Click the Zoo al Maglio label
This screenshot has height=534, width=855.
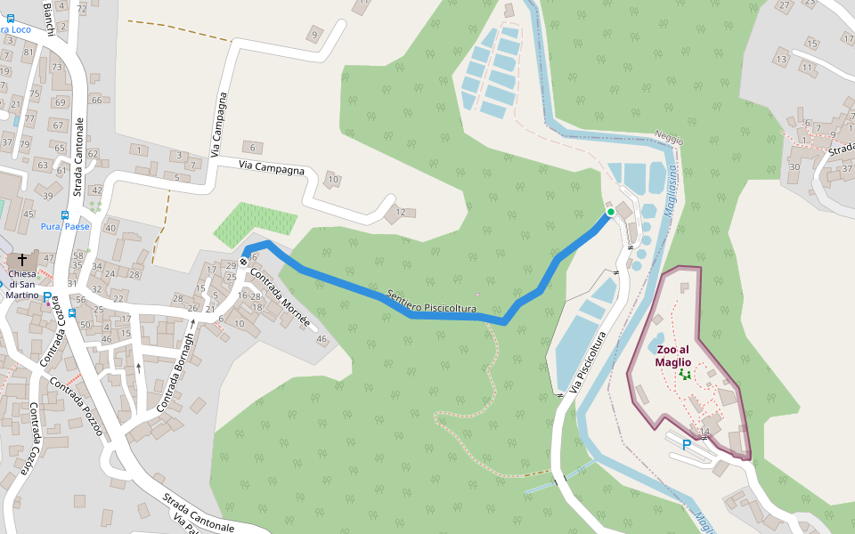tap(673, 355)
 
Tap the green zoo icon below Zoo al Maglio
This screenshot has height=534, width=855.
tap(684, 375)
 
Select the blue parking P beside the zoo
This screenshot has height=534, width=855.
tap(687, 444)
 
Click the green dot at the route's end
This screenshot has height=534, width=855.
tap(610, 212)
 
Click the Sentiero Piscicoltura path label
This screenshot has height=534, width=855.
tap(432, 302)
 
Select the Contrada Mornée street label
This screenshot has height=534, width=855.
tap(281, 297)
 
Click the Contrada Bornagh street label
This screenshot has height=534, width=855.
tap(175, 373)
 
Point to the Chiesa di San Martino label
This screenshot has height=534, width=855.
tap(22, 283)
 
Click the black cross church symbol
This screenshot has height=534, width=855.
tap(22, 259)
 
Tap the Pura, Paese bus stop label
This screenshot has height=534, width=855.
tap(65, 226)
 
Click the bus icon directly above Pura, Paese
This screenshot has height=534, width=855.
tap(65, 214)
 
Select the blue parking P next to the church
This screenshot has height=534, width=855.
tap(47, 296)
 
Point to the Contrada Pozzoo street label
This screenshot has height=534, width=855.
tap(77, 406)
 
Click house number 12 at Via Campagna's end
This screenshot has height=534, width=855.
tap(401, 212)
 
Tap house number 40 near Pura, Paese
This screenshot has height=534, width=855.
tap(110, 228)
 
